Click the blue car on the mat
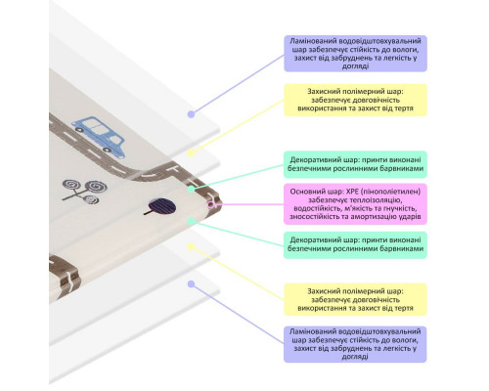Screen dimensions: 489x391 99,137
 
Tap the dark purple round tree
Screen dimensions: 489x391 161,207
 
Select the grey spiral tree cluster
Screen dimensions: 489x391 84,192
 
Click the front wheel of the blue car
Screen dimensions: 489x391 107,150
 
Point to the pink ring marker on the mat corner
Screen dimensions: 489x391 211,204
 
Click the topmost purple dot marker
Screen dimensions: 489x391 192,114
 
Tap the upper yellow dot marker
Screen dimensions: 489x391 192,152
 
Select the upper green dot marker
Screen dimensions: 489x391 192,189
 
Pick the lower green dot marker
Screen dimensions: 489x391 192,221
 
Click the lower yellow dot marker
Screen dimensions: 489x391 192,247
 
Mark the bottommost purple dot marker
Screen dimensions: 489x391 192,284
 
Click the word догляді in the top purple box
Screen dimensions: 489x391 355,66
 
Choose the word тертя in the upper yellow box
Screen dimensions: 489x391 404,109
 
